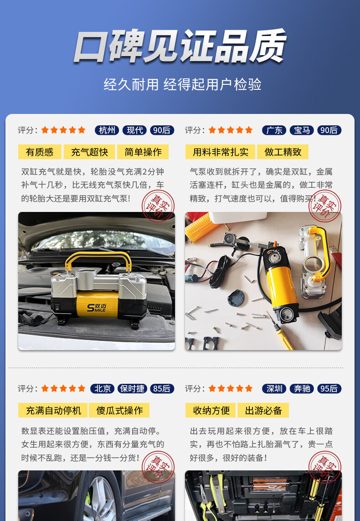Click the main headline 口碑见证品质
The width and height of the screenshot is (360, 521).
[x=180, y=46]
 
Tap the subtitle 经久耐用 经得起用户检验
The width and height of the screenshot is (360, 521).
[x=182, y=84]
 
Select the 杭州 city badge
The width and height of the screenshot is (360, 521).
[x=107, y=130]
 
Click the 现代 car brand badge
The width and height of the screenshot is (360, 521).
[x=134, y=130]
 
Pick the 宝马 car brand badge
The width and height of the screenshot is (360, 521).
[x=302, y=130]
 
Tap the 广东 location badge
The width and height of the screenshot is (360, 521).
[x=274, y=130]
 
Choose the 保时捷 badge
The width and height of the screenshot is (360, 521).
[x=132, y=388]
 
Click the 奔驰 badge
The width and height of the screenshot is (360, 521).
[x=302, y=388]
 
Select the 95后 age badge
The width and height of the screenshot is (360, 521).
[x=329, y=388]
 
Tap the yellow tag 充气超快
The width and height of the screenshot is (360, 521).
[x=89, y=152]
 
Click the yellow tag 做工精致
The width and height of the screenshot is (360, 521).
[x=283, y=152]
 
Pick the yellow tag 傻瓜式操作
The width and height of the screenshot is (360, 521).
[x=119, y=410]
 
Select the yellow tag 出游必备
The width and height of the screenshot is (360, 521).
[x=263, y=410]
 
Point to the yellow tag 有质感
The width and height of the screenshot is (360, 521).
[x=40, y=152]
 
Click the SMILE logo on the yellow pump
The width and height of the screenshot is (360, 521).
[x=97, y=307]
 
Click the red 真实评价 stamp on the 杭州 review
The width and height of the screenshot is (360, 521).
[x=158, y=206]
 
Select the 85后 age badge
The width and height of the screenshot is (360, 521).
[x=162, y=388]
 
